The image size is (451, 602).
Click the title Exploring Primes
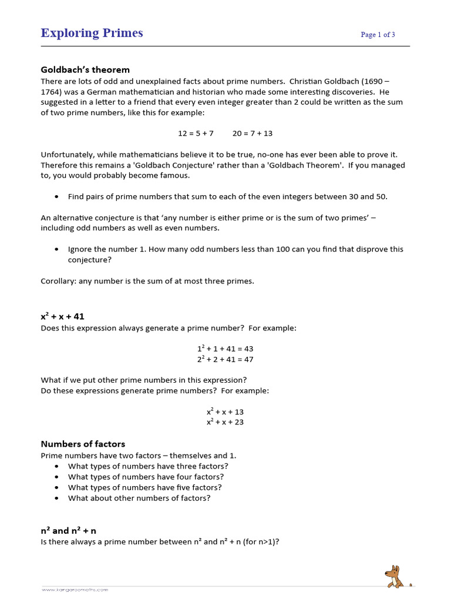coord(92,33)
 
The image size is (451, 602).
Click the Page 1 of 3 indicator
coord(378,35)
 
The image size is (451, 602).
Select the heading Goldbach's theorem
coord(85,70)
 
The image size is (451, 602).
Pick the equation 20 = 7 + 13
coord(253,133)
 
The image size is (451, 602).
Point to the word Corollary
coord(57,281)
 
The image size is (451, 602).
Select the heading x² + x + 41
coord(62,316)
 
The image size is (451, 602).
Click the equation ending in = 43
coord(225,349)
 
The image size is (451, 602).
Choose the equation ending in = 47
coord(225,359)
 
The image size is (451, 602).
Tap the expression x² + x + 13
coord(225,412)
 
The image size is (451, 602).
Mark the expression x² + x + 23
coord(225,422)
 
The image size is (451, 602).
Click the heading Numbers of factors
coord(83,444)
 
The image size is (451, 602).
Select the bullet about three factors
coord(148,466)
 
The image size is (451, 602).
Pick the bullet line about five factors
coord(144,487)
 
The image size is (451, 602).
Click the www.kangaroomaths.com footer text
coord(75,589)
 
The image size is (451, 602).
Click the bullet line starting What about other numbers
coord(139,498)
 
